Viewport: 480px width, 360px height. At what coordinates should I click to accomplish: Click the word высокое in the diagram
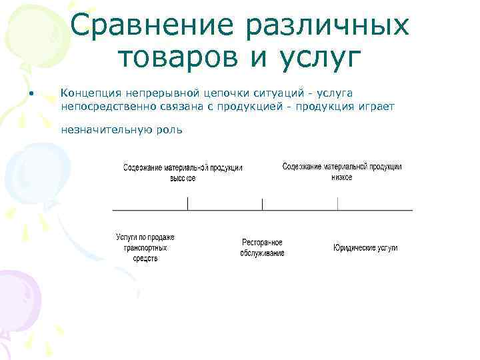pos(182,178)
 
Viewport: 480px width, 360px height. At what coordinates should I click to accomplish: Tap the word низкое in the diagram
pos(341,177)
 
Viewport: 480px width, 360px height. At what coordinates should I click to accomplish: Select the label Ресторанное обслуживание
pos(263,247)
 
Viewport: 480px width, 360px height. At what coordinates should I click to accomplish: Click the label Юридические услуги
pos(365,247)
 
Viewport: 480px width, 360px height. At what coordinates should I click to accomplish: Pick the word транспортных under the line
pos(145,247)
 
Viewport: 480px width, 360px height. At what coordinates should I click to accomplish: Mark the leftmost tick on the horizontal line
pos(187,204)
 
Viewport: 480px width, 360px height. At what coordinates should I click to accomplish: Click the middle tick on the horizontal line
pos(263,204)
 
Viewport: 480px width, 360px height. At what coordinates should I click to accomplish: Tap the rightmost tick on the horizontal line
pos(338,204)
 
